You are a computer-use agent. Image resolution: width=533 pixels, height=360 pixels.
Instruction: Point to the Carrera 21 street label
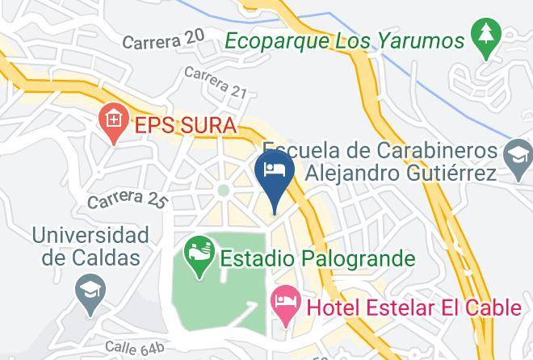(215, 83)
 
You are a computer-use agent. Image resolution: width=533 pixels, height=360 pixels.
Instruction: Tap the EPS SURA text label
(185, 126)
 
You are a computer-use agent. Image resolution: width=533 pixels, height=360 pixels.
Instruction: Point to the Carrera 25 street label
(127, 199)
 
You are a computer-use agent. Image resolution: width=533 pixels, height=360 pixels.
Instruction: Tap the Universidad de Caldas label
(90, 246)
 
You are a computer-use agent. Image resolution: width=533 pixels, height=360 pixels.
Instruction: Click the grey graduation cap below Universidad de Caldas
(86, 291)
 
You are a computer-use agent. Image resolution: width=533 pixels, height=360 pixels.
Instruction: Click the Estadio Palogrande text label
(317, 259)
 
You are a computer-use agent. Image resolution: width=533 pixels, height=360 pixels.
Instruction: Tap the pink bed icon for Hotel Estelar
(285, 306)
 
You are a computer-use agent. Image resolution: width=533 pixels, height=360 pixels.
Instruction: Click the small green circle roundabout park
(223, 191)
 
